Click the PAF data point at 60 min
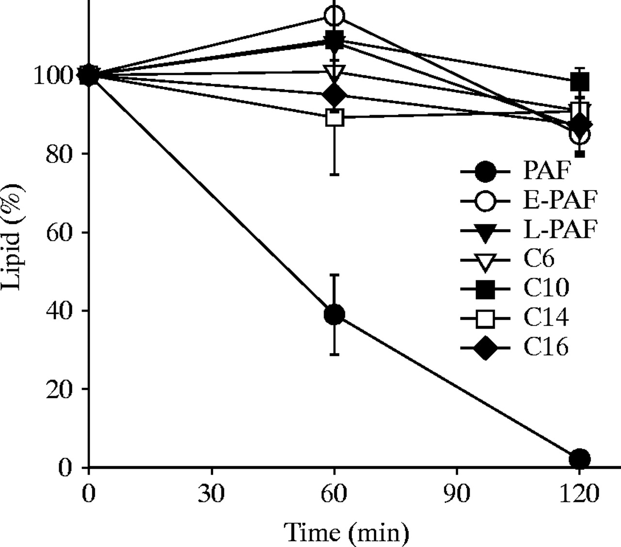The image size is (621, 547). tap(334, 315)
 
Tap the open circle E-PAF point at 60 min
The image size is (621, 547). tap(334, 16)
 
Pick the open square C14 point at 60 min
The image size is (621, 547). tap(335, 117)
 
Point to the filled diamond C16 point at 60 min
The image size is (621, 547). tap(335, 95)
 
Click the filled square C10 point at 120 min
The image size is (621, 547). tap(580, 82)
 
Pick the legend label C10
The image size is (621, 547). tap(546, 289)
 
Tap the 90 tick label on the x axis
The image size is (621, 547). tap(457, 495)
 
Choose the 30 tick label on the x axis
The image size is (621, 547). tap(212, 495)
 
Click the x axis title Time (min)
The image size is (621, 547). tap(346, 532)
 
